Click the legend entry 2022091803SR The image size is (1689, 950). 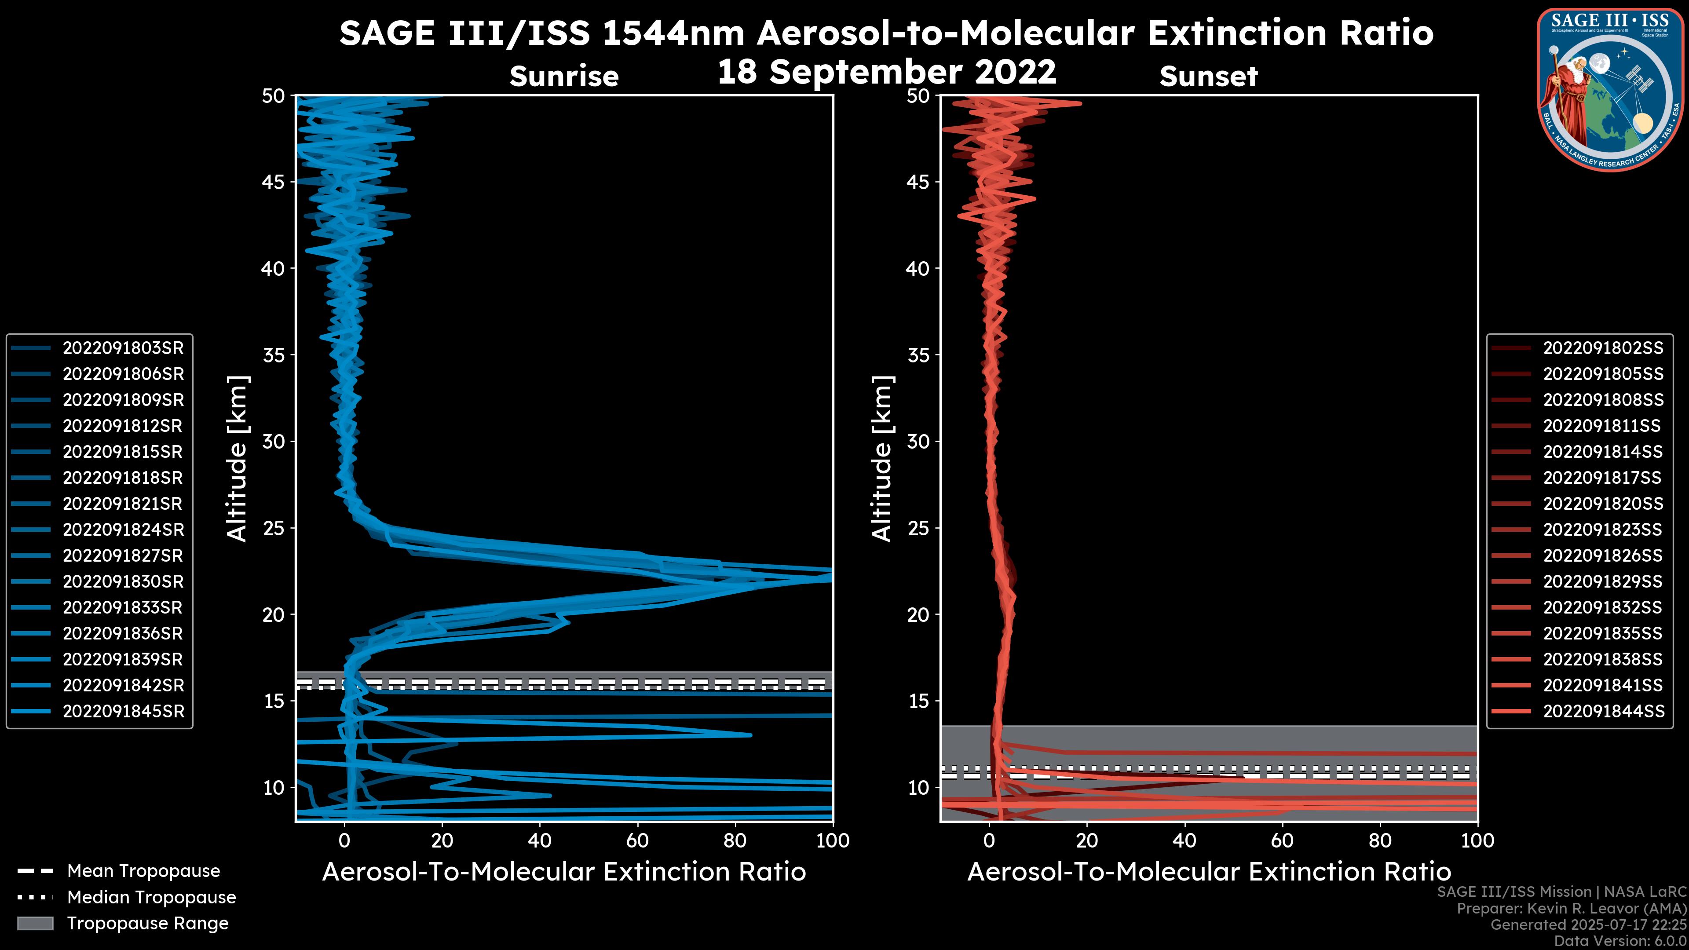coord(123,348)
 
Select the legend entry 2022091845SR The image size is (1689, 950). coord(123,711)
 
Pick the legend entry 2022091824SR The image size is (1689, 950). coord(123,530)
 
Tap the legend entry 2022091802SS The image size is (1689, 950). coord(1602,348)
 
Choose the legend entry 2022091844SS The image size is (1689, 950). coord(1602,711)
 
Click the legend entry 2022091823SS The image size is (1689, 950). coord(1602,530)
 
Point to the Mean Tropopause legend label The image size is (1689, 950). coord(143,871)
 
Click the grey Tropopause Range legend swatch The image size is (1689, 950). coord(35,923)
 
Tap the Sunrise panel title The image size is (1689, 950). coord(564,77)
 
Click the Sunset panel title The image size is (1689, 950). coord(1208,77)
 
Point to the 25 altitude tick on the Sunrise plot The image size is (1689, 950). coord(274,528)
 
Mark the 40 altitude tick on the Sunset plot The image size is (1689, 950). coord(918,269)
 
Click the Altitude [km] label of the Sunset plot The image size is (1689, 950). coord(882,459)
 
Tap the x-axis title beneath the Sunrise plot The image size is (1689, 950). coord(564,872)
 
